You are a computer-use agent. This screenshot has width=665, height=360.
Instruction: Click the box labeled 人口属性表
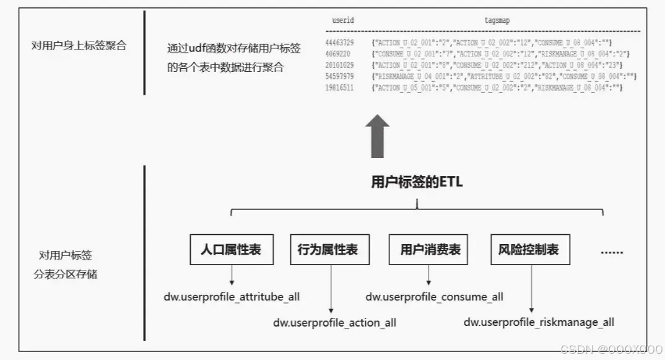(231, 250)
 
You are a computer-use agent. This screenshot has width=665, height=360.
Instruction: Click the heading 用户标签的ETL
(417, 182)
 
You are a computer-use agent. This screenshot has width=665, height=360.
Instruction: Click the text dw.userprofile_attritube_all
(232, 297)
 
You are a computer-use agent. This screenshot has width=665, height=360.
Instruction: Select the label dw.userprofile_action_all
(334, 323)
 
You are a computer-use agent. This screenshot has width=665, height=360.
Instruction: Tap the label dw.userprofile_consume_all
(434, 297)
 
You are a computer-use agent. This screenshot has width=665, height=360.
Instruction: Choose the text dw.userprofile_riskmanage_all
(539, 322)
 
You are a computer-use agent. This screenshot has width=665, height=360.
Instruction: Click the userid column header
(343, 20)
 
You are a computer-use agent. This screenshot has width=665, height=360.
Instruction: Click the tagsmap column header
(497, 20)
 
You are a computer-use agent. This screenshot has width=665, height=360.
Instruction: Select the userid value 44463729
(339, 42)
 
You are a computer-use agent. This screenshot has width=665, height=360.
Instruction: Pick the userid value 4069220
(337, 54)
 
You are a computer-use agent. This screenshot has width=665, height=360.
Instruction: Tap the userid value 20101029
(339, 65)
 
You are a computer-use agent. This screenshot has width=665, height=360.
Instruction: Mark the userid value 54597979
(339, 76)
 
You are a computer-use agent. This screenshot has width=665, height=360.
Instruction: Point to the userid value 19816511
(339, 88)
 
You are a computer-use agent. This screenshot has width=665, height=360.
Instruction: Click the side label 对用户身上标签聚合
(79, 45)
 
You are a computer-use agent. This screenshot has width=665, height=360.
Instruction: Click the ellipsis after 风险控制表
(612, 251)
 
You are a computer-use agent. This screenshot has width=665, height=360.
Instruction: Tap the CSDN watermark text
(609, 349)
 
